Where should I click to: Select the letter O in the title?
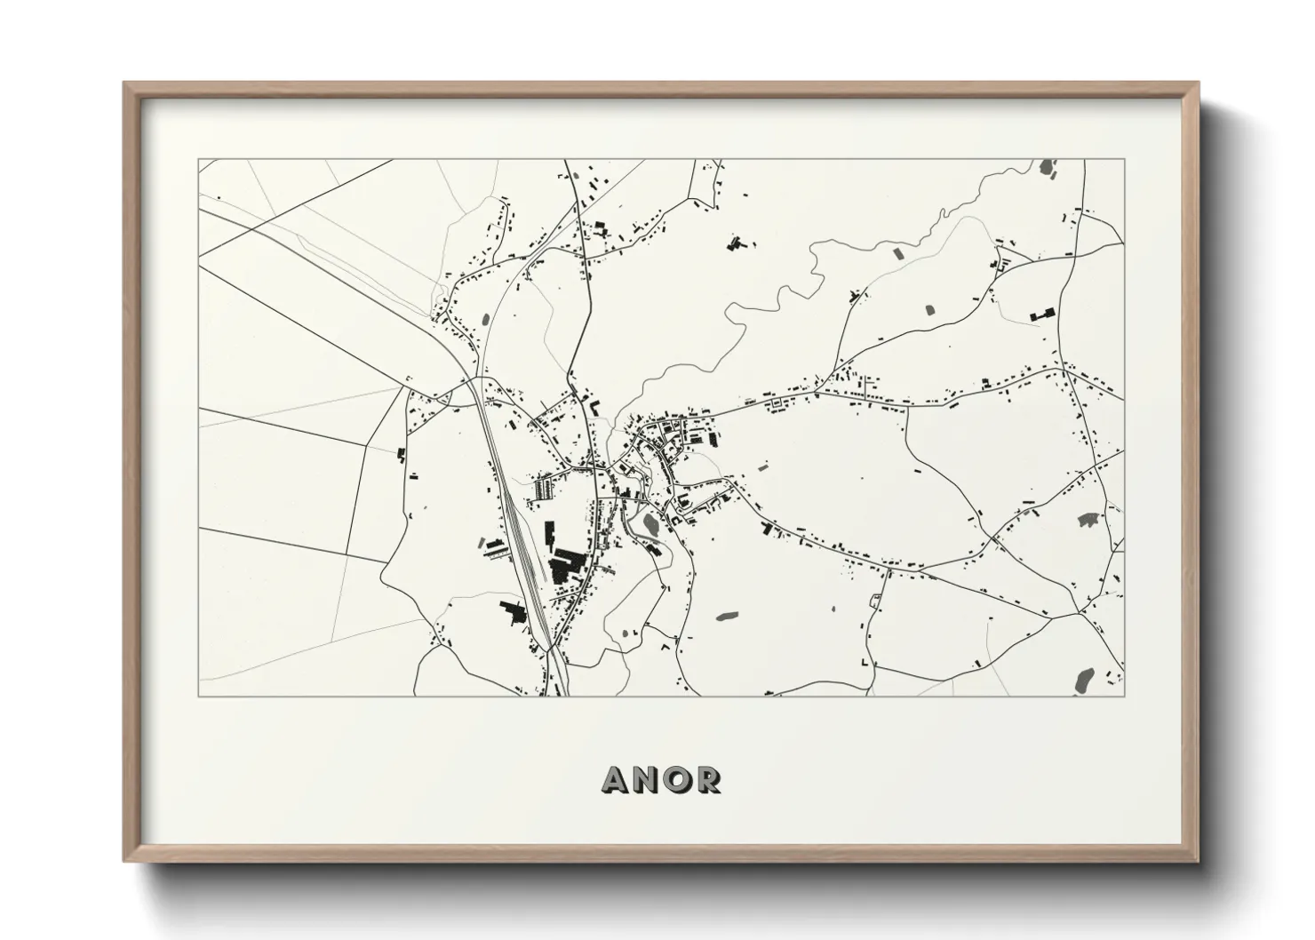click(679, 779)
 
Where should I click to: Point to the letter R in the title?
click(709, 779)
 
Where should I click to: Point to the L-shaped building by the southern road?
click(864, 664)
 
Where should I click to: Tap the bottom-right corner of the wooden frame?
click(1197, 860)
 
